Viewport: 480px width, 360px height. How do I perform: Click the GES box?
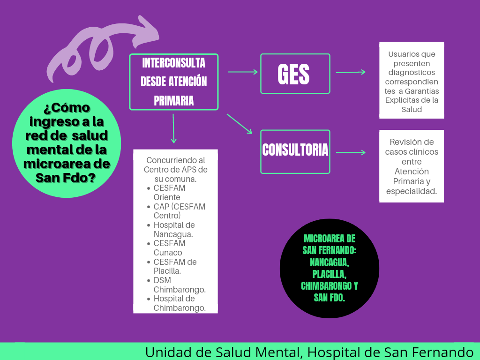click(295, 74)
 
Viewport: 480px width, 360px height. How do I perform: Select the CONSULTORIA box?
click(295, 150)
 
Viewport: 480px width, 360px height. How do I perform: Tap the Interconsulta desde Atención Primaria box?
click(174, 82)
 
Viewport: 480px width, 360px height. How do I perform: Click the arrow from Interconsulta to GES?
click(243, 72)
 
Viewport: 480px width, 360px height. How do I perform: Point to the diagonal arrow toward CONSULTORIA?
click(240, 124)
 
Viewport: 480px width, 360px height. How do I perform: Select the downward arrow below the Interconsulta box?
click(173, 128)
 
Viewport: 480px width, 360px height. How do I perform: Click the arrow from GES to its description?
click(351, 72)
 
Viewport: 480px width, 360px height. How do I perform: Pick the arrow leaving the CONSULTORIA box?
click(351, 152)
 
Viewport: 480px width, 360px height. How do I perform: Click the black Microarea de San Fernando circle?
click(329, 268)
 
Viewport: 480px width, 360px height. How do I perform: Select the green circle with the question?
click(67, 142)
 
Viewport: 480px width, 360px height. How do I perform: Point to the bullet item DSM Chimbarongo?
click(179, 285)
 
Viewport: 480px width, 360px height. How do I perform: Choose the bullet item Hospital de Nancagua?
click(174, 230)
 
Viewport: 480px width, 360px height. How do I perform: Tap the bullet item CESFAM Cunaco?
click(169, 248)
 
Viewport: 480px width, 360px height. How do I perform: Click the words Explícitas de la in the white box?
click(412, 100)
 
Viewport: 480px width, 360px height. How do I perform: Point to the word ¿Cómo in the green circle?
click(67, 108)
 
